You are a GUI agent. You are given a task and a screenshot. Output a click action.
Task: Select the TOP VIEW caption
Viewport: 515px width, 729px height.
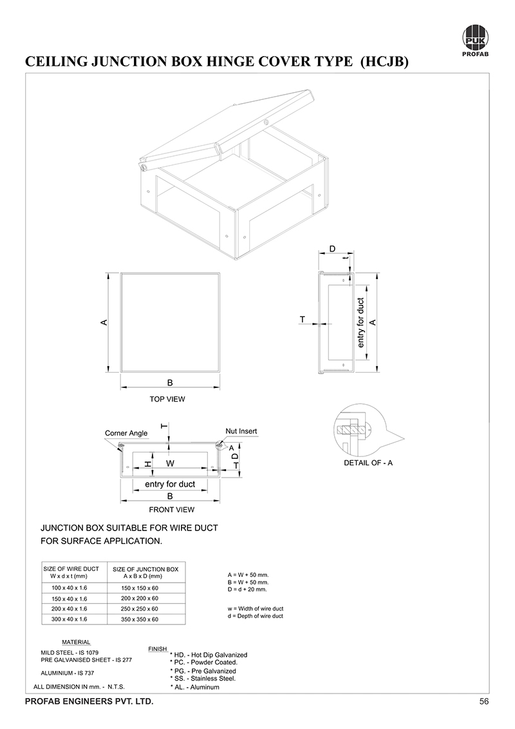(167, 399)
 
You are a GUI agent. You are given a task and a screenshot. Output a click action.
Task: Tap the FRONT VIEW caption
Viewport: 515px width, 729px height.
(167, 510)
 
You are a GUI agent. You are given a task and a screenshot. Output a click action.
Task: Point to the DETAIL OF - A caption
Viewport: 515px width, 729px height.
(369, 463)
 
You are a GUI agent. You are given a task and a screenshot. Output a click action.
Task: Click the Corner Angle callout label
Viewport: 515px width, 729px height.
(126, 433)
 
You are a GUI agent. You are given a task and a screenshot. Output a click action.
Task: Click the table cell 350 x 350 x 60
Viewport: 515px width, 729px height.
(140, 619)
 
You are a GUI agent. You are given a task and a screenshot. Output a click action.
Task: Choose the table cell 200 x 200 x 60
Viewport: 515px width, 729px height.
(140, 599)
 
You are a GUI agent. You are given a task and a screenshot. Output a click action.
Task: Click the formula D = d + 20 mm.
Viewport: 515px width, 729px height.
(247, 590)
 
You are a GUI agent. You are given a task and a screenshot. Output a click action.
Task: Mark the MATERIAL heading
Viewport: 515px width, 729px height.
(76, 642)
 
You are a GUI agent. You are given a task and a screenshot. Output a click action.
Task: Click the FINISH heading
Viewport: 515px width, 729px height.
(158, 648)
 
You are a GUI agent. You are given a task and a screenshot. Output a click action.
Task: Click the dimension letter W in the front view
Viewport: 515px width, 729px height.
(171, 463)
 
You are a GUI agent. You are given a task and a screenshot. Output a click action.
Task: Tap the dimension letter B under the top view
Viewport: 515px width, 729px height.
(170, 383)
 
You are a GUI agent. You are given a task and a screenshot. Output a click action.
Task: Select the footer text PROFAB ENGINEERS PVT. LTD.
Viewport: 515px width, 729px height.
(89, 701)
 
